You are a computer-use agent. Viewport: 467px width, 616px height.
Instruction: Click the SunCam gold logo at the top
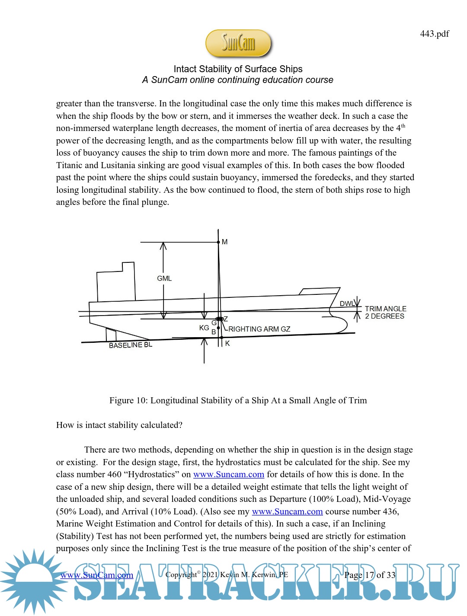pos(238,43)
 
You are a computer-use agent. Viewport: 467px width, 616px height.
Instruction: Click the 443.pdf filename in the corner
pos(434,34)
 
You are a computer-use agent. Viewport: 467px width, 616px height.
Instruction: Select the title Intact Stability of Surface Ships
pos(238,69)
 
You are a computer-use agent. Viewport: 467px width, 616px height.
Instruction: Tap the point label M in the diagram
pos(224,242)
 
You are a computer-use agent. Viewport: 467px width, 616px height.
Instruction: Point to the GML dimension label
pos(164,278)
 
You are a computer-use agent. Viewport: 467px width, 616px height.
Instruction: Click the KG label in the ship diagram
pos(204,328)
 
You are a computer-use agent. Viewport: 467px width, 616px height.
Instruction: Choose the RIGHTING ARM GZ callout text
pos(259,329)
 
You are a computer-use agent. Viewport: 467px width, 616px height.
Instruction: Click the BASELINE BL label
pos(131,345)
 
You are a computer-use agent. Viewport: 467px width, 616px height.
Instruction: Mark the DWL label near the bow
pos(347,304)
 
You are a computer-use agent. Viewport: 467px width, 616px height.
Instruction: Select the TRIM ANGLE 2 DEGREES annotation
pos(385,313)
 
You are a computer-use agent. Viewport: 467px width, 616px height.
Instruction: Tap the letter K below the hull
pos(227,344)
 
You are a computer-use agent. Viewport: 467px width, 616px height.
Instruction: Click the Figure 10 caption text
pos(238,400)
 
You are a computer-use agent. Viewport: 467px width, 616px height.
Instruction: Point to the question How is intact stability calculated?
pos(119,425)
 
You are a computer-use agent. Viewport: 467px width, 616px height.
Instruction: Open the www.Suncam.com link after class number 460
pos(228,474)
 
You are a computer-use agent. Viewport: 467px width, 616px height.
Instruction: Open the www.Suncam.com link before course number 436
pos(287,511)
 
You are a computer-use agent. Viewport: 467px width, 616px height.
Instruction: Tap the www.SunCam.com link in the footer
pos(97,575)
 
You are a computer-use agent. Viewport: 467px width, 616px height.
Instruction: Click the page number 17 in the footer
pos(370,575)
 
